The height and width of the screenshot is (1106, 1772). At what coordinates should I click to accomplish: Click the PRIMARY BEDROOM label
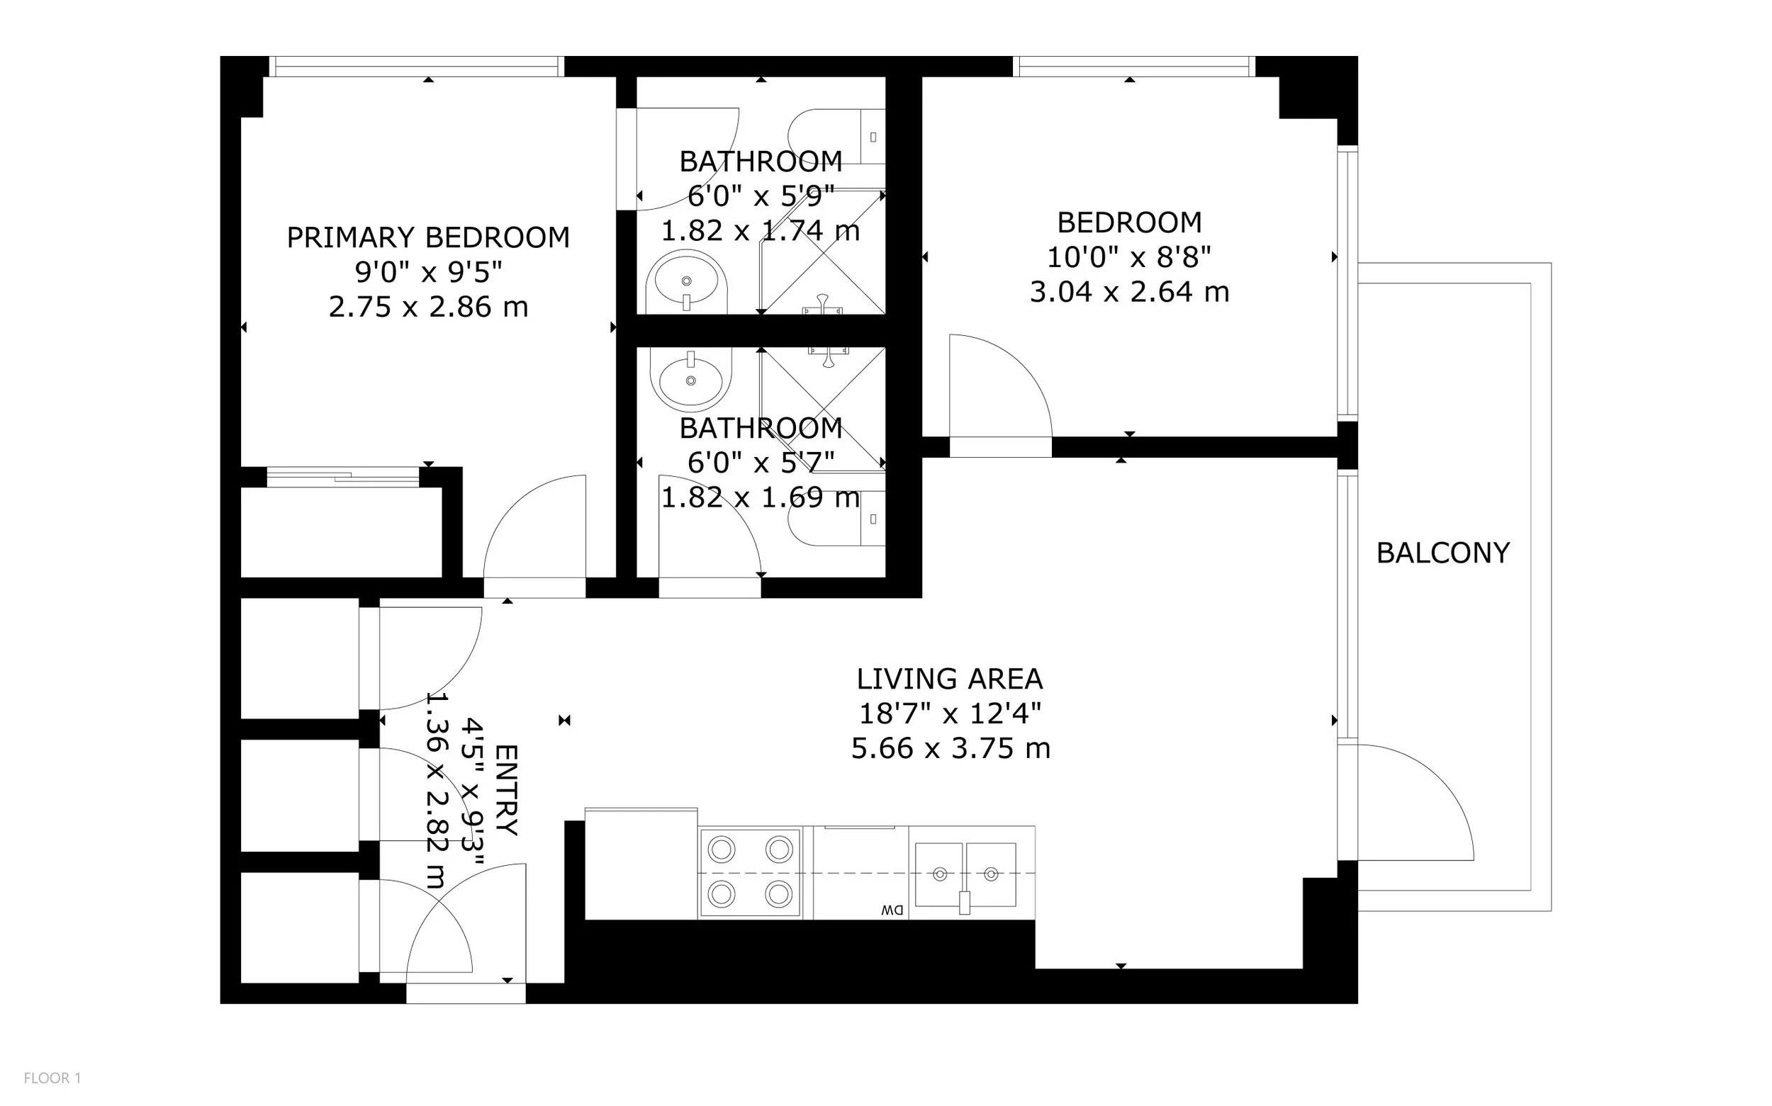428,238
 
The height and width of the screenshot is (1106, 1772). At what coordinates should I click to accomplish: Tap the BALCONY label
1443,553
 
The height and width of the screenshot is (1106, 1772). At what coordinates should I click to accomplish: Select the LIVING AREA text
950,679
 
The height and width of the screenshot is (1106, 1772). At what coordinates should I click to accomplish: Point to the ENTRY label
506,790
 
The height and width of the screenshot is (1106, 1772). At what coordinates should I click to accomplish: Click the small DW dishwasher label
892,910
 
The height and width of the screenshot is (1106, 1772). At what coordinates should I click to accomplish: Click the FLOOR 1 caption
52,1078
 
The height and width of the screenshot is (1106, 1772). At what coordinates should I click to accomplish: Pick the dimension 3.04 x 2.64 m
1129,293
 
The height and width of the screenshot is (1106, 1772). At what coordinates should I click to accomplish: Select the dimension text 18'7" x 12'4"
950,713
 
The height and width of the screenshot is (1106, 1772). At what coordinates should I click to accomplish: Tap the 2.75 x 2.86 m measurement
428,307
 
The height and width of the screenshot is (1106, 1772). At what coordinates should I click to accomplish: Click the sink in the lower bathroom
690,379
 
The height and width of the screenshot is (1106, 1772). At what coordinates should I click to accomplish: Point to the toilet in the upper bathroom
837,137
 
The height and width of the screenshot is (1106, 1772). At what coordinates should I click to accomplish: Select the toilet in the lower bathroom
837,519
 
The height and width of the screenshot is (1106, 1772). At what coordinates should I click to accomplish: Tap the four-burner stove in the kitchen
750,872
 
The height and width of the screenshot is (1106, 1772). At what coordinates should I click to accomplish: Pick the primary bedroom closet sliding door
343,477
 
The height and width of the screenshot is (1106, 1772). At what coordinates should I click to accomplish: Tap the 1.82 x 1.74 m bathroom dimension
760,231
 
